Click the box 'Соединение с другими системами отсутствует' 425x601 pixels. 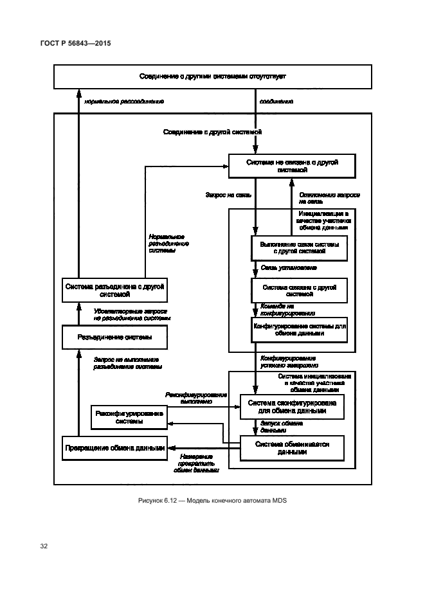point(212,76)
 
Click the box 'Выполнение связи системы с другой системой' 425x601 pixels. point(299,249)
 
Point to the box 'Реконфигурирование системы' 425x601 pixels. point(129,417)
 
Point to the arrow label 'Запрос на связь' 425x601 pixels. point(228,193)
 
